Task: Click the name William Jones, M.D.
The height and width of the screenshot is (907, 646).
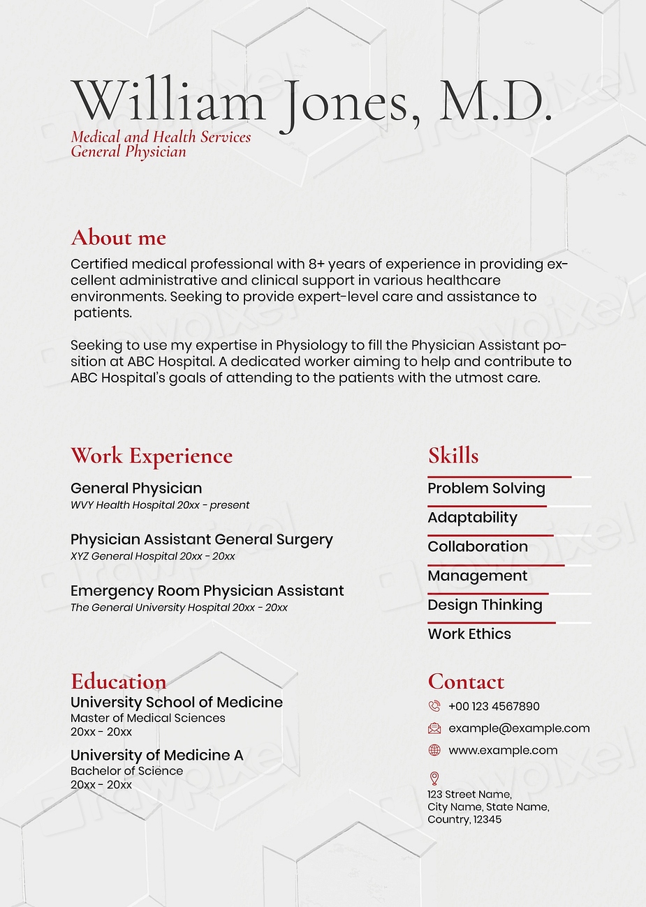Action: tap(311, 103)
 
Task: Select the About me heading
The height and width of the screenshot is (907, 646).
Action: tap(118, 238)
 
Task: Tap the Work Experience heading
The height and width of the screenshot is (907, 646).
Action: tap(152, 456)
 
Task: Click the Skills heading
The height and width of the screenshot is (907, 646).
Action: tap(453, 456)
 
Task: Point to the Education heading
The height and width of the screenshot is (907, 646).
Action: tap(118, 682)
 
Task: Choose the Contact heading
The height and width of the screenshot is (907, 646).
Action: tap(466, 682)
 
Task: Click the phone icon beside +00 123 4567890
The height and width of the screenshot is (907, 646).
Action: tap(434, 706)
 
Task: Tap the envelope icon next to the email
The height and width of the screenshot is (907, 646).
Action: tap(434, 728)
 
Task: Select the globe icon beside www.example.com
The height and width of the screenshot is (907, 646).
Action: tap(434, 751)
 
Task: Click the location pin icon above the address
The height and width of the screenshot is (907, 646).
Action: tap(434, 778)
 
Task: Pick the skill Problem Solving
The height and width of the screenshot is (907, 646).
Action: tap(486, 488)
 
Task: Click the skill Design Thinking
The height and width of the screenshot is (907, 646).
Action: tap(485, 605)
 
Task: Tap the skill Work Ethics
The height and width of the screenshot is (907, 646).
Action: tap(469, 634)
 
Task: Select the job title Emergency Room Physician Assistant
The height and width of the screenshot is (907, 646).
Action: tap(207, 591)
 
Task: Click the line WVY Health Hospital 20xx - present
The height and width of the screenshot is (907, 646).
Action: tap(160, 505)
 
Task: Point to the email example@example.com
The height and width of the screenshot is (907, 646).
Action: tap(519, 728)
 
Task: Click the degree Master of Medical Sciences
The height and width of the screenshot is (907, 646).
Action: tap(148, 718)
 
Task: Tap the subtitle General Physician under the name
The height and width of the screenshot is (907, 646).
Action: tap(129, 152)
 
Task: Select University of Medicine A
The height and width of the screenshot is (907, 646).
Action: tap(157, 756)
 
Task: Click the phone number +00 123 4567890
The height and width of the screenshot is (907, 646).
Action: tap(494, 706)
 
